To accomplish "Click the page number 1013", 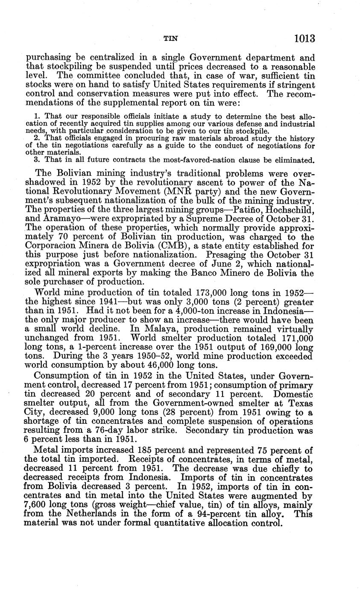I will pos(304,39).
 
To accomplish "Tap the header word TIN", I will pos(171,39).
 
